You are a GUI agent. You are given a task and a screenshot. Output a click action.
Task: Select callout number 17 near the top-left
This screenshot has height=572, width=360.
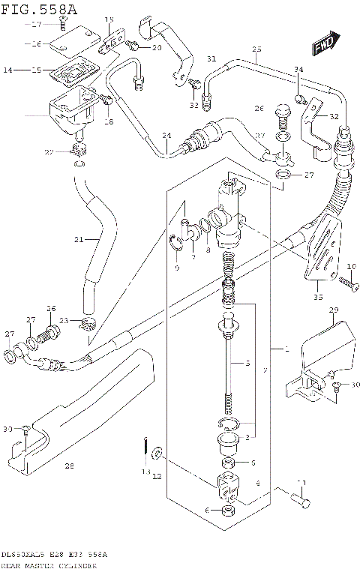tap(39, 25)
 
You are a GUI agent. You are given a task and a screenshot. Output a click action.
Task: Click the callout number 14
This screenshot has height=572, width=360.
tap(7, 70)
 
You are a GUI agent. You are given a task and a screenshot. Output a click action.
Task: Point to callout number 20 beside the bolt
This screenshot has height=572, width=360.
tap(157, 48)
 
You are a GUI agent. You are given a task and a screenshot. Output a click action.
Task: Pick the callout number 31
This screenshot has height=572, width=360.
tap(211, 58)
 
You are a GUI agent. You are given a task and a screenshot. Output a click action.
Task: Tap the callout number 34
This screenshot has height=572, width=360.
tap(298, 70)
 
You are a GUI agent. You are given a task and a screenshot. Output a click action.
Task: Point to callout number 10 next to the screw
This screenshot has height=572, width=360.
tap(352, 267)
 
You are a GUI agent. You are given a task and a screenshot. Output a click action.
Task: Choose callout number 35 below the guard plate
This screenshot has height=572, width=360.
tap(317, 298)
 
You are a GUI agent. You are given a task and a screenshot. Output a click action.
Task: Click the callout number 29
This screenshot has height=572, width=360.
tap(334, 310)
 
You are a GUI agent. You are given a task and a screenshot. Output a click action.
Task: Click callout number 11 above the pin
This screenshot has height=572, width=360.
tap(302, 482)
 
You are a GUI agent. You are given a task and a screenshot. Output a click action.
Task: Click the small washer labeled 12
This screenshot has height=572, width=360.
tap(156, 452)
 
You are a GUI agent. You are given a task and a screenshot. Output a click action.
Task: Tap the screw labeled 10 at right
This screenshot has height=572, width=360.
tap(346, 283)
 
